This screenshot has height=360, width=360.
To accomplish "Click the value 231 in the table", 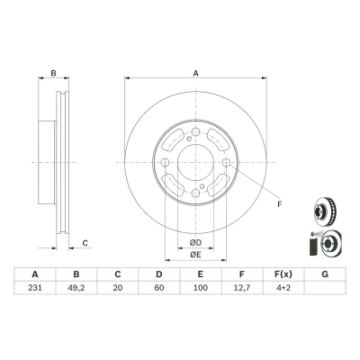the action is coord(35,288).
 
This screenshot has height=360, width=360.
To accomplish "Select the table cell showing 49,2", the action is coord(76,288).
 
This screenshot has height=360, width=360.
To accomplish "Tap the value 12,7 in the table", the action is coord(242,288).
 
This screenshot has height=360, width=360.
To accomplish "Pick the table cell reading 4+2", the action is coord(283,288).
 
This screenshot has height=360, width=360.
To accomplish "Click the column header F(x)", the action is coord(283,274).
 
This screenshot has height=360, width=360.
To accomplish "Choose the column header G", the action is coord(325,274).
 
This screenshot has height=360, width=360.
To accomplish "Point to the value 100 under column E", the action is coord(201,288).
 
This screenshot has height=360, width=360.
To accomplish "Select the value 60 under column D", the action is coord(159,288).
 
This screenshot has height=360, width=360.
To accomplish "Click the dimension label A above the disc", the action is coord(195,73).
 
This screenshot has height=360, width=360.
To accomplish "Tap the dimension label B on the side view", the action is coord(53,73).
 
